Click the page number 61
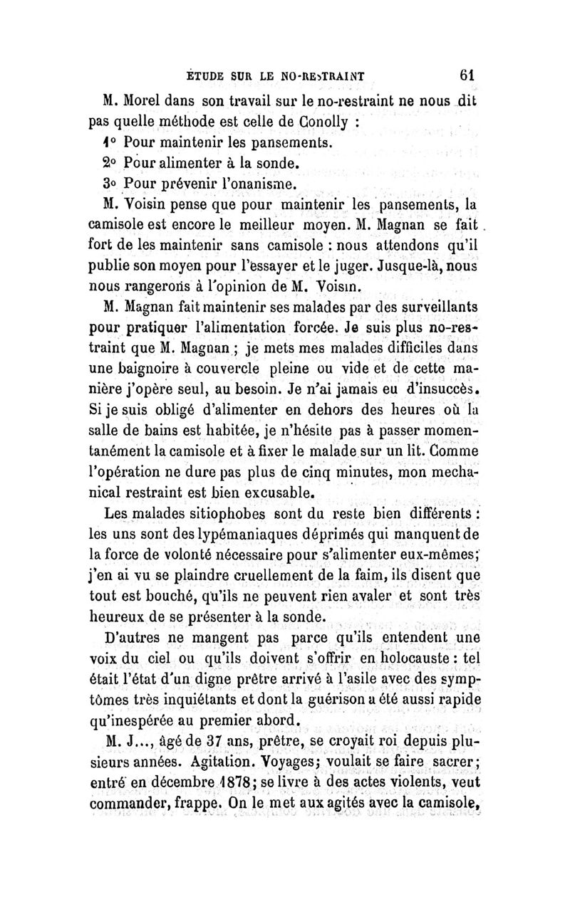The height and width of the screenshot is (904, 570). (467, 74)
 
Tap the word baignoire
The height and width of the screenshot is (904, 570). (140, 351)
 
